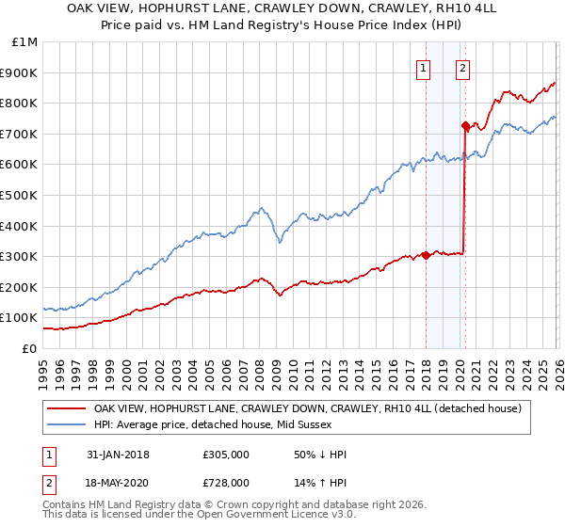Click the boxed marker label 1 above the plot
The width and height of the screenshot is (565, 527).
pyautogui.click(x=423, y=68)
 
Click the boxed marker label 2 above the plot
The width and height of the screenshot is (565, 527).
pyautogui.click(x=463, y=68)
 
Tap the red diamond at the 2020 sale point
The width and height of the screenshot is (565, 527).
pyautogui.click(x=465, y=124)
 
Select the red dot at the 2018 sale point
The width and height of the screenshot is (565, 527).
pyautogui.click(x=426, y=254)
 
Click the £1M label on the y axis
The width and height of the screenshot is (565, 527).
pyautogui.click(x=24, y=41)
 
